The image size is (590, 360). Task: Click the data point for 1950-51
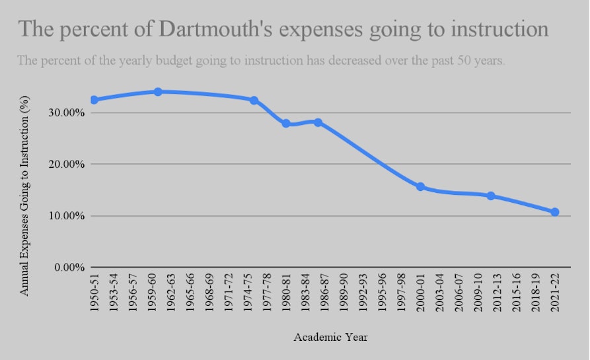click(x=94, y=100)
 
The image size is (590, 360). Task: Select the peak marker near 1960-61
click(x=158, y=91)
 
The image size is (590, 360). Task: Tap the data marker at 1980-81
click(x=286, y=124)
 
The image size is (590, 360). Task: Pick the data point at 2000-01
click(x=420, y=187)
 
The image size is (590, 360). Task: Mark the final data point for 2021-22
click(x=555, y=212)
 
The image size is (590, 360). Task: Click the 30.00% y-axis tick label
click(x=67, y=112)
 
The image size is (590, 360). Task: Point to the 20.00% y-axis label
click(x=67, y=164)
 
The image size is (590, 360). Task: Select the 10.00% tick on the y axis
click(x=67, y=216)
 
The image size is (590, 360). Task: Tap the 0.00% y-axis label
click(x=69, y=267)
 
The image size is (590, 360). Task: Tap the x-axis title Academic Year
click(x=330, y=337)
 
